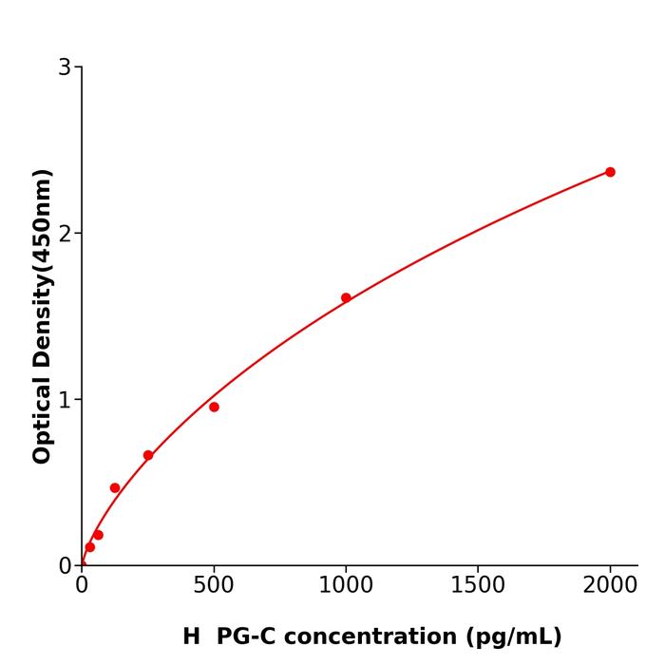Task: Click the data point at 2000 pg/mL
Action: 610,172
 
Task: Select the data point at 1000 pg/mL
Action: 346,297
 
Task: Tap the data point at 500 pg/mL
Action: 214,407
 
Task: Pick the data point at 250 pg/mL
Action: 148,455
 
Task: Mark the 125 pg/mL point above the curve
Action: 115,487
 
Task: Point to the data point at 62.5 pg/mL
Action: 98,535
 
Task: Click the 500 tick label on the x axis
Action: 214,583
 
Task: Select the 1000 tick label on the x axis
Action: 346,583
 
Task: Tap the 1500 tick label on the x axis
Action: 478,583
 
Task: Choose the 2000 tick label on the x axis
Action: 610,583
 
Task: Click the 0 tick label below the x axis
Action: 82,583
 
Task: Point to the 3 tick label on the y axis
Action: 65,67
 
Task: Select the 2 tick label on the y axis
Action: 65,234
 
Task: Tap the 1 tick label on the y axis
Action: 65,400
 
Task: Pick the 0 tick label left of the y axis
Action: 65,566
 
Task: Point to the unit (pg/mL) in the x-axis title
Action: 513,636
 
